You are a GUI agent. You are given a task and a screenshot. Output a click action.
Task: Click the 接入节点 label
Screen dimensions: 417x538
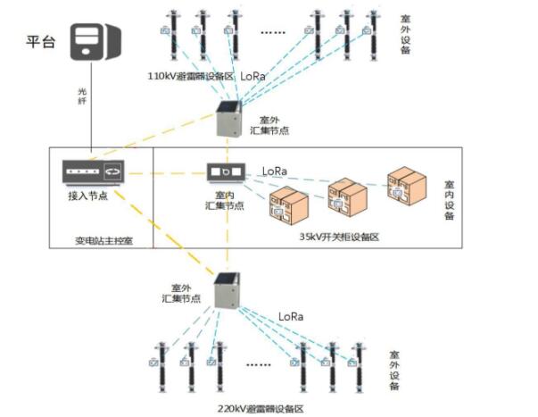click(x=87, y=195)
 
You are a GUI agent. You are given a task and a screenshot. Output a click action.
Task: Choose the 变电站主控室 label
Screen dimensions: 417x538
click(x=103, y=239)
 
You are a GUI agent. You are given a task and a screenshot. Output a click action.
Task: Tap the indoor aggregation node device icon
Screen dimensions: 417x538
click(x=222, y=171)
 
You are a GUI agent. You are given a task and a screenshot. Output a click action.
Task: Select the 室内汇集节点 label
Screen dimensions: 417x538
click(x=223, y=199)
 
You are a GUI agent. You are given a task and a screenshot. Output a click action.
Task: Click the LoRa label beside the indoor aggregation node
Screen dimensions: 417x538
click(x=275, y=170)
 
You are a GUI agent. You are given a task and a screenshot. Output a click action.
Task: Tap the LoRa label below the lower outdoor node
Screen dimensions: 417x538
click(x=292, y=316)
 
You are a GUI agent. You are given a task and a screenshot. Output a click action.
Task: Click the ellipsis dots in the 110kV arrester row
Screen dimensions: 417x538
click(x=273, y=32)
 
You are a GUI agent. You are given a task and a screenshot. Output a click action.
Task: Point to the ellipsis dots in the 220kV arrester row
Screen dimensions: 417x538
click(x=258, y=363)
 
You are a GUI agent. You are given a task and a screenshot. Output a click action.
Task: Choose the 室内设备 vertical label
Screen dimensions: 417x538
click(x=449, y=202)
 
